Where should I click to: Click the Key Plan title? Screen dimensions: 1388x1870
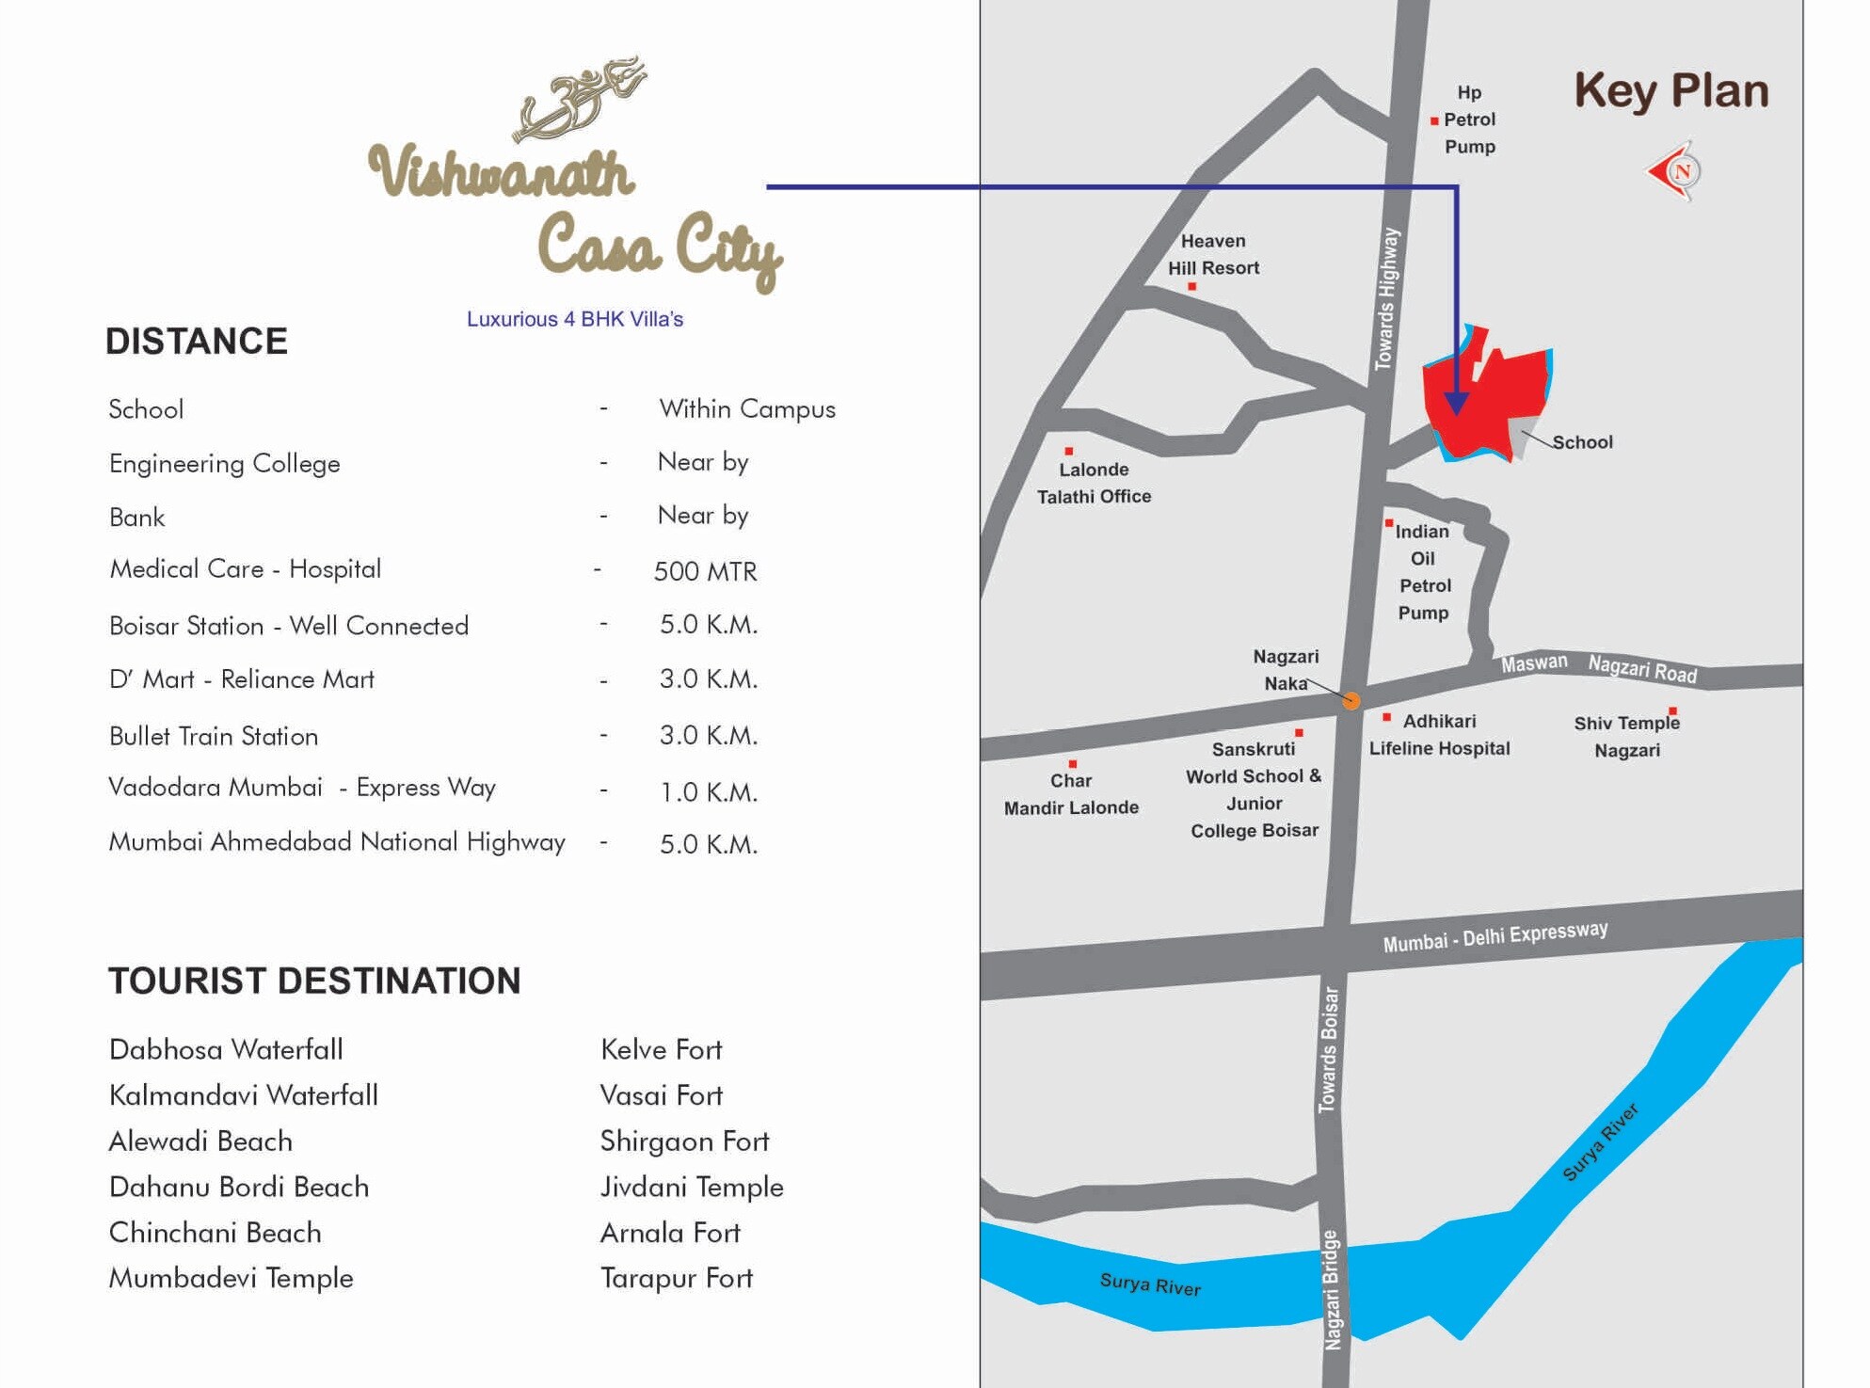(1670, 91)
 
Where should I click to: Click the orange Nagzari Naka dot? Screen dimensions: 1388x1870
(1351, 700)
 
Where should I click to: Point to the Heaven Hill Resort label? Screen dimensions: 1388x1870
(1213, 254)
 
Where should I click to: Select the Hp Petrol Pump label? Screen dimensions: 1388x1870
(1469, 120)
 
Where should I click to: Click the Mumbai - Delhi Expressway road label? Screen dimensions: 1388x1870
(1494, 936)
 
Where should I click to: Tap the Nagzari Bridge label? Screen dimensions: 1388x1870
(1332, 1289)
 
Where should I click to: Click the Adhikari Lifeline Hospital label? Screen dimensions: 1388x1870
(1439, 735)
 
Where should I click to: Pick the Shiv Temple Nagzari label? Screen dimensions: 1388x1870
(1626, 737)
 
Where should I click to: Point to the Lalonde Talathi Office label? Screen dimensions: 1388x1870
(1094, 483)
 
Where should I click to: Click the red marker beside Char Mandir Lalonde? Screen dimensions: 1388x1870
(1072, 764)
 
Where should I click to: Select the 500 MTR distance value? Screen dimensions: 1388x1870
(705, 571)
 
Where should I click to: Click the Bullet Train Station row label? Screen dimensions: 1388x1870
(214, 736)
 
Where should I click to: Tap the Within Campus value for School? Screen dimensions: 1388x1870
(746, 409)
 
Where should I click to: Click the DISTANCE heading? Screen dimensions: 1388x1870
(197, 341)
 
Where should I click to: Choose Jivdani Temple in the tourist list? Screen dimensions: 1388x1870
(692, 1187)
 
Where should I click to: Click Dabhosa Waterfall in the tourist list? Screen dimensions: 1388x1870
(226, 1049)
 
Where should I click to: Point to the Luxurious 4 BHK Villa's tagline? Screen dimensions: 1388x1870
(575, 319)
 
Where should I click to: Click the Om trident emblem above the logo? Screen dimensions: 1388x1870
(579, 99)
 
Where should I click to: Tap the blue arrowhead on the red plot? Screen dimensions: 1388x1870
(1456, 404)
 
